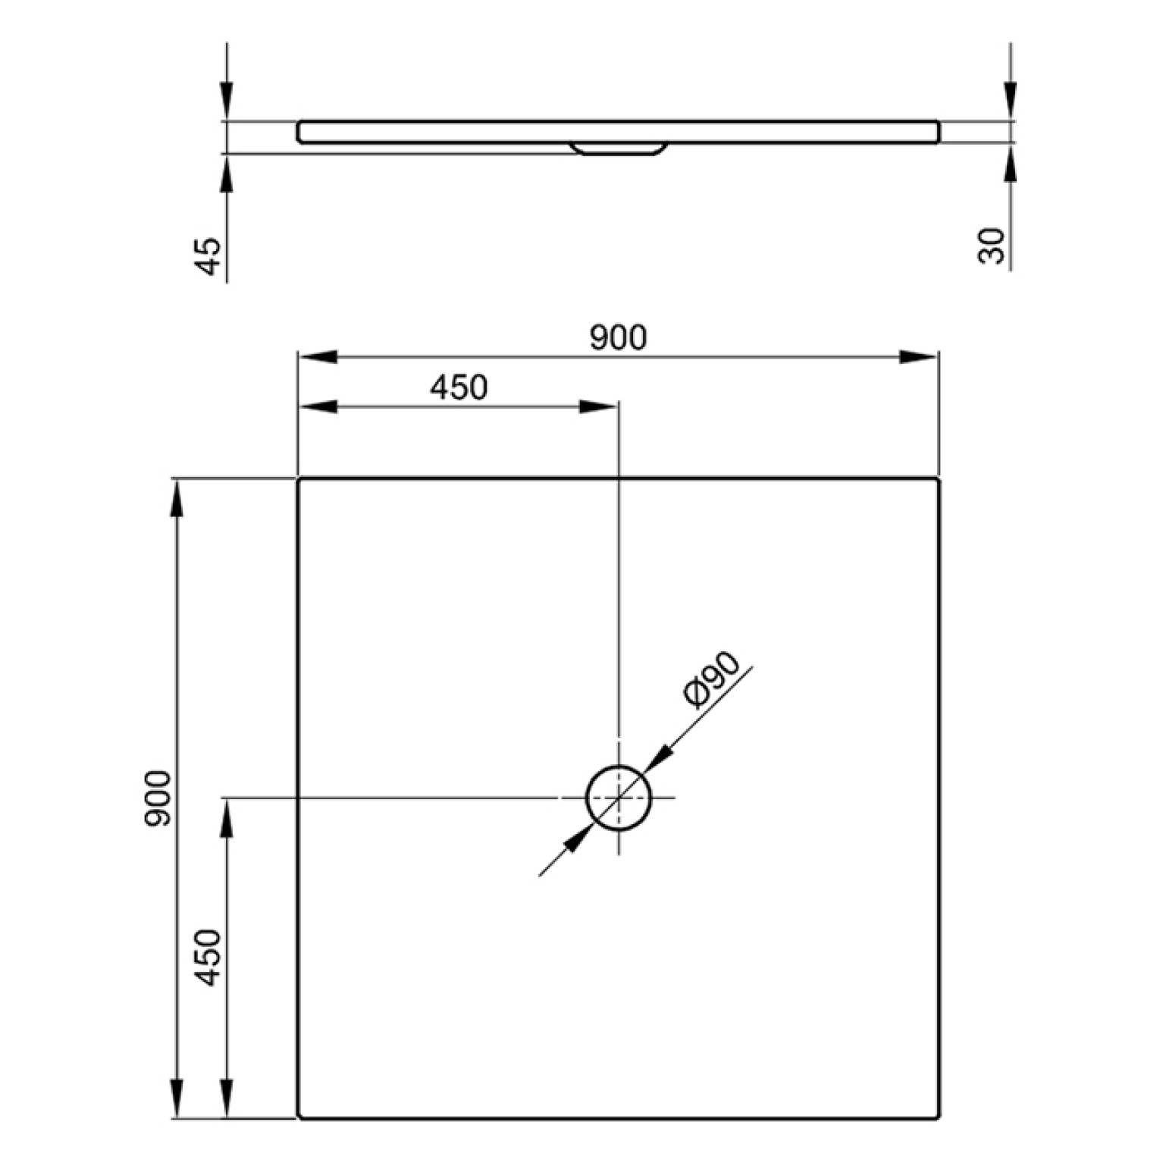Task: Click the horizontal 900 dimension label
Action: point(618,338)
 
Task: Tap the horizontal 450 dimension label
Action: point(459,387)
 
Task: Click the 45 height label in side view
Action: point(207,255)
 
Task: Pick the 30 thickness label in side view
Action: point(992,246)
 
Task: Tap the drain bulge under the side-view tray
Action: point(619,149)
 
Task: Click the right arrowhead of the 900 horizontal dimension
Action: point(919,357)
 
